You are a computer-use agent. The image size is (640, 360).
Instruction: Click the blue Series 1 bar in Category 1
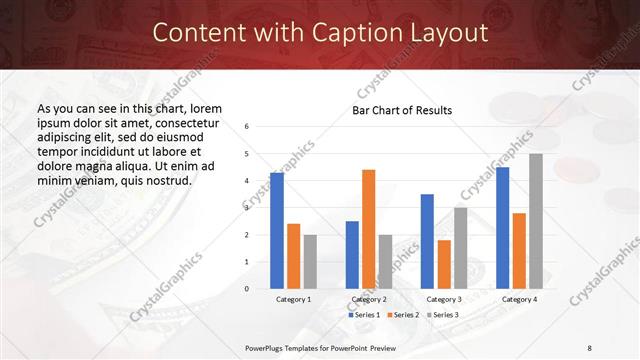point(277,231)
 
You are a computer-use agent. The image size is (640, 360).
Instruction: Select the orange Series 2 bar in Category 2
point(369,229)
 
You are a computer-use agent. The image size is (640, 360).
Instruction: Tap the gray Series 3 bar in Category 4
point(536,221)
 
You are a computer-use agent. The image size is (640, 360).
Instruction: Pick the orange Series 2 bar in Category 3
point(444,264)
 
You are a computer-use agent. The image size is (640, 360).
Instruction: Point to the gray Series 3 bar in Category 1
point(310,262)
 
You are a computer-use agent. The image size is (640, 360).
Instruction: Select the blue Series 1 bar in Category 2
point(352,255)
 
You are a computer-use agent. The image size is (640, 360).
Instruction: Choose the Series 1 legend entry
point(364,315)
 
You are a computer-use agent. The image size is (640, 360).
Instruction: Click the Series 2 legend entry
point(402,315)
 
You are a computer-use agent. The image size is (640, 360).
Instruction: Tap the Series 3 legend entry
point(441,315)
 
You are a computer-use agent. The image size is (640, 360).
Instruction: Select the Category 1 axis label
point(293,299)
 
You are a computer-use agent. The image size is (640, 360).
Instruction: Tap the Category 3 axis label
point(443,299)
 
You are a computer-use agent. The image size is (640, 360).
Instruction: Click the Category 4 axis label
point(519,299)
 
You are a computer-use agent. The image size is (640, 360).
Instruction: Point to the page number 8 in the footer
point(589,347)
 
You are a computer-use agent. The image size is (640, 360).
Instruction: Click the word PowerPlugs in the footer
point(268,347)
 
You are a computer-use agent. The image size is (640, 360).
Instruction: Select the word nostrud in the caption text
point(166,180)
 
